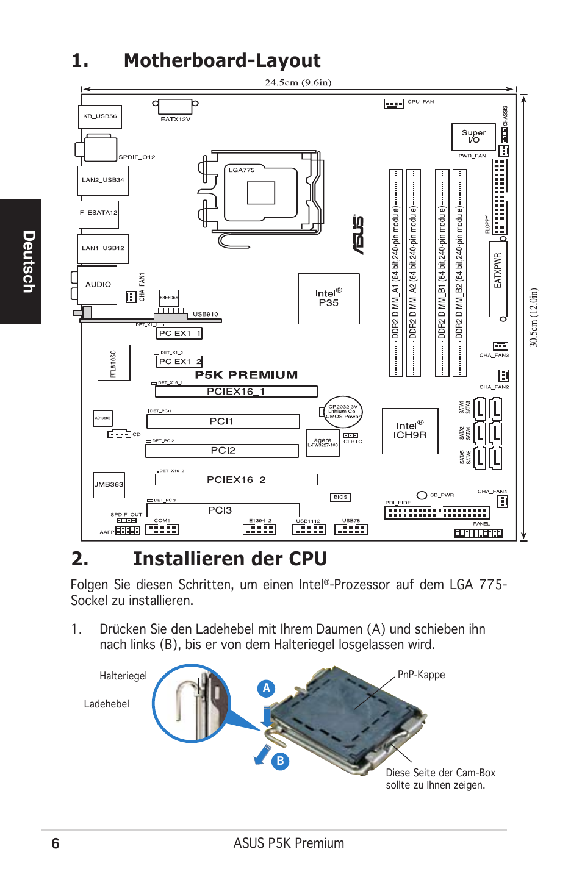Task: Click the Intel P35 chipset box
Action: click(x=328, y=298)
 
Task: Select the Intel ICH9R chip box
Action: click(x=409, y=431)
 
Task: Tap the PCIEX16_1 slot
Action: click(x=235, y=392)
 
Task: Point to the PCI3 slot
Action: click(x=222, y=510)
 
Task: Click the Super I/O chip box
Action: click(x=473, y=137)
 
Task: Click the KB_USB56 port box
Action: click(x=100, y=116)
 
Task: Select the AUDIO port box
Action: click(x=98, y=285)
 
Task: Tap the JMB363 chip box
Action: click(x=109, y=484)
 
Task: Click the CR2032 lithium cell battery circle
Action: click(x=343, y=412)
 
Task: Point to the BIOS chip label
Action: click(x=340, y=497)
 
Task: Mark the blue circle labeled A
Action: click(x=266, y=688)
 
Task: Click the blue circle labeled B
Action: click(x=280, y=761)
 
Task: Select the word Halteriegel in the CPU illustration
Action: click(x=123, y=676)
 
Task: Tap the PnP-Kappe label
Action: click(x=421, y=675)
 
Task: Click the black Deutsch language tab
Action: click(x=21, y=262)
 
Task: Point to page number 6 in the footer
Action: click(x=56, y=843)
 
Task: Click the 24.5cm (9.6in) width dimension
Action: click(x=298, y=82)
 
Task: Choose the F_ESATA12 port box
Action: click(x=99, y=213)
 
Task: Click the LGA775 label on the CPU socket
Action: click(x=242, y=170)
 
